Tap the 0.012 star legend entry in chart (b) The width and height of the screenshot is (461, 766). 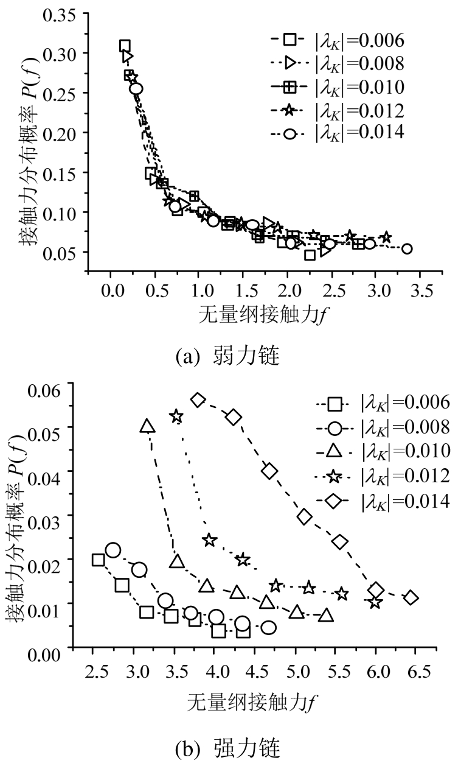(x=383, y=474)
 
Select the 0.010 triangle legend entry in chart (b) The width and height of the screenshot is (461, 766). (x=383, y=451)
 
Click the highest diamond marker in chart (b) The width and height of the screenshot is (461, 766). (x=198, y=400)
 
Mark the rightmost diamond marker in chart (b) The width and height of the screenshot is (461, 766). (x=411, y=597)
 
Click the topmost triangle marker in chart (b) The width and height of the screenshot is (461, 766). (x=148, y=426)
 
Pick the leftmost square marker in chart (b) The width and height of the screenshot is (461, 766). (x=99, y=560)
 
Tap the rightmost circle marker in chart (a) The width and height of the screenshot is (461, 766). (x=407, y=248)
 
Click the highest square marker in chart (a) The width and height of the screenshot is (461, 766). (x=125, y=46)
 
